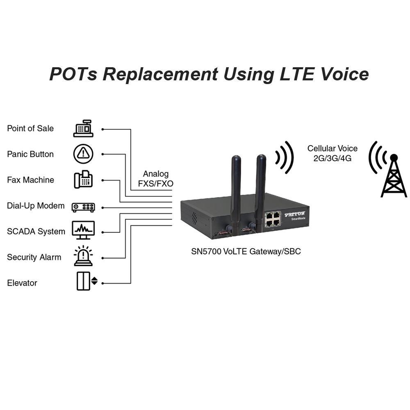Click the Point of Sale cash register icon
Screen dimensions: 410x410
[x=83, y=128]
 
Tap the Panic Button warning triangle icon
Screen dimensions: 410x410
[x=83, y=154]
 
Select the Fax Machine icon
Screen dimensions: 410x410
[x=83, y=180]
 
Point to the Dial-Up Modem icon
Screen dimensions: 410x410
[x=83, y=207]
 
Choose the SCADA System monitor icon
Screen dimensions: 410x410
[x=83, y=230]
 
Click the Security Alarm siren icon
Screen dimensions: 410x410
[x=83, y=256]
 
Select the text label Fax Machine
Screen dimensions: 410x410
[x=30, y=180]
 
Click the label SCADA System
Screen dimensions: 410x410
[x=36, y=232]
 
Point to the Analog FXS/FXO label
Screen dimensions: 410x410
[x=156, y=179]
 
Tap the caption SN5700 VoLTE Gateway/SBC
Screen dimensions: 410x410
[x=246, y=251]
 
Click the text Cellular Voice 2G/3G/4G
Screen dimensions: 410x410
[x=333, y=153]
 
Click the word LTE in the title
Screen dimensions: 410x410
[x=292, y=75]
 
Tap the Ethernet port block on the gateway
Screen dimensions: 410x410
[x=273, y=219]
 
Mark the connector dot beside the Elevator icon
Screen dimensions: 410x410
[x=102, y=283]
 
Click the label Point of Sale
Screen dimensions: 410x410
[x=30, y=128]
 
